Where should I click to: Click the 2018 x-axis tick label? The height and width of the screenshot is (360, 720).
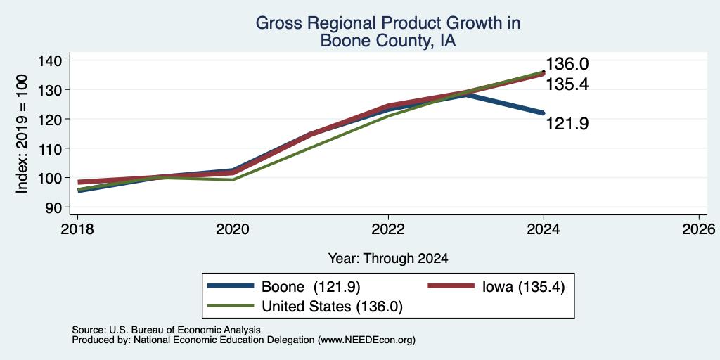(77, 229)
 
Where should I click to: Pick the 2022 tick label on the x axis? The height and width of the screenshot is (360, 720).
(388, 229)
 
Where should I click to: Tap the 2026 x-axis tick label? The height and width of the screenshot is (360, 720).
(699, 229)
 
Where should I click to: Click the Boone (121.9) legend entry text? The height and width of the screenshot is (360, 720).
(311, 287)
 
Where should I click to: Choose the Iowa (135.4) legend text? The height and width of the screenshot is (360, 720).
(523, 287)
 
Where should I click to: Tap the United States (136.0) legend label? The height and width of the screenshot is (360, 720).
(332, 307)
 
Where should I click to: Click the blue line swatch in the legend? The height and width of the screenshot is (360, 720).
(231, 286)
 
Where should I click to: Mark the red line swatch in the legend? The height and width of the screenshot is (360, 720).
(451, 286)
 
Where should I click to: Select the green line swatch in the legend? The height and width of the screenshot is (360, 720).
(231, 306)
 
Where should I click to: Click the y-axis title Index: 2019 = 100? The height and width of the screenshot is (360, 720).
(22, 134)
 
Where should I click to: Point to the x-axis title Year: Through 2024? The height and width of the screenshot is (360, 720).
(388, 259)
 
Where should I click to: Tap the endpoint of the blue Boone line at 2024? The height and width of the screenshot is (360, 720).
(544, 112)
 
